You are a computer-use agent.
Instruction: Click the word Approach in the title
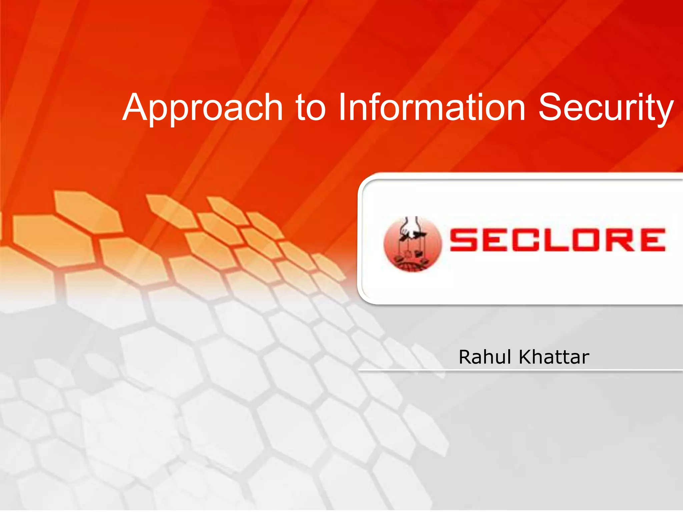tap(203, 108)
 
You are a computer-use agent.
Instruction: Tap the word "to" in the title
tap(310, 108)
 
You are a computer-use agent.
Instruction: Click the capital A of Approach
tap(137, 107)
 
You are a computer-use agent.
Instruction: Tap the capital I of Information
tap(342, 107)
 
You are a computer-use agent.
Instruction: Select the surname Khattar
tap(554, 357)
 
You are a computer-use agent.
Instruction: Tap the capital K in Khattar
tap(525, 357)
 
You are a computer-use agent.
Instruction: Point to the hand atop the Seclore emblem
tap(411, 227)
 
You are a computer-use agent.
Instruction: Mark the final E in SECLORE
tap(652, 240)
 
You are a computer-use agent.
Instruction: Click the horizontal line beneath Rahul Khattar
tap(520, 370)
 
